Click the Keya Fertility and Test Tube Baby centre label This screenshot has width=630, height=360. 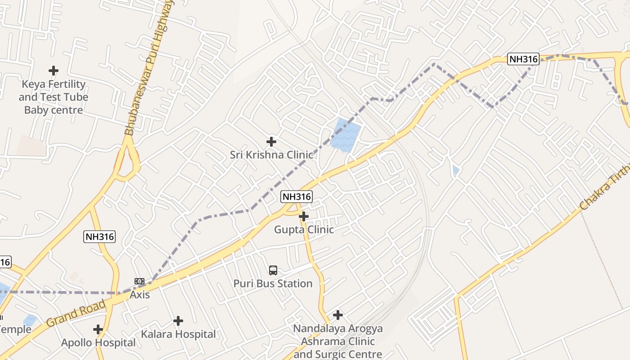click(54, 97)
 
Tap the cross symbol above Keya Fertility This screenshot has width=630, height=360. click(54, 71)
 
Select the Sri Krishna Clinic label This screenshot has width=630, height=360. click(271, 155)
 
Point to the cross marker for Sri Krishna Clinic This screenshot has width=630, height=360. click(271, 142)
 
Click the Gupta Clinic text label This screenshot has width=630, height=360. click(304, 229)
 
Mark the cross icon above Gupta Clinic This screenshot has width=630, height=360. click(304, 216)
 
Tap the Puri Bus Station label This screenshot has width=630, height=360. click(273, 283)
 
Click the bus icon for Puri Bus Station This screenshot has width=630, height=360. click(273, 270)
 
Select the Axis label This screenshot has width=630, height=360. click(139, 295)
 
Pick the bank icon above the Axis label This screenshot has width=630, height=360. click(139, 282)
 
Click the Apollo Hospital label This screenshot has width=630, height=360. click(98, 343)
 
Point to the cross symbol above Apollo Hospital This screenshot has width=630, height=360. click(98, 329)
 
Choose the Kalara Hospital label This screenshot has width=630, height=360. click(178, 334)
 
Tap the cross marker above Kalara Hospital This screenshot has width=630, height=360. click(178, 321)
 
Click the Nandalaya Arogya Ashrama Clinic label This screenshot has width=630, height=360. click(338, 341)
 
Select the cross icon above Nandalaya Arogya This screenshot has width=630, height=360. click(338, 315)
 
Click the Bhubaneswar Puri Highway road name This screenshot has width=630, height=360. click(149, 67)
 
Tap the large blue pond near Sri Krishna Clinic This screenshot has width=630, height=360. click(345, 135)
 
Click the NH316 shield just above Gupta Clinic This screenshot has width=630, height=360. click(297, 197)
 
